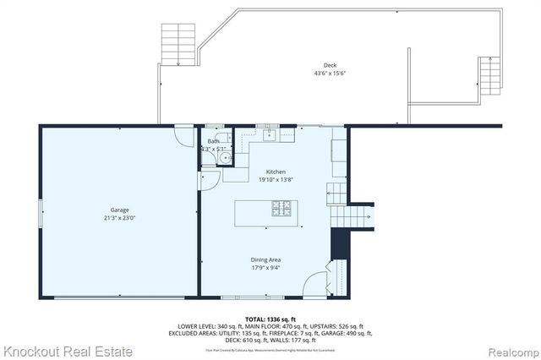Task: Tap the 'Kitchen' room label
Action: coord(276,171)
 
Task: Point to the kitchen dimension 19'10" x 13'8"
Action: coord(276,180)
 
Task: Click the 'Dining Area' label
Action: coord(265,259)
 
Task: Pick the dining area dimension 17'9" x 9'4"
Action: coord(265,269)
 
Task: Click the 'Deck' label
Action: coord(330,65)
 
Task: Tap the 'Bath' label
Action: coord(212,141)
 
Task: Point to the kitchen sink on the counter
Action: coord(270,134)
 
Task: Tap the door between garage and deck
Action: coord(183,133)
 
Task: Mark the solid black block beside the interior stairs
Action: coord(340,245)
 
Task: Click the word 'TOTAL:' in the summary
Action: coord(248,319)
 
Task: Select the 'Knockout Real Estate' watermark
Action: coord(68,349)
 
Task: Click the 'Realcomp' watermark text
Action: coord(511,350)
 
